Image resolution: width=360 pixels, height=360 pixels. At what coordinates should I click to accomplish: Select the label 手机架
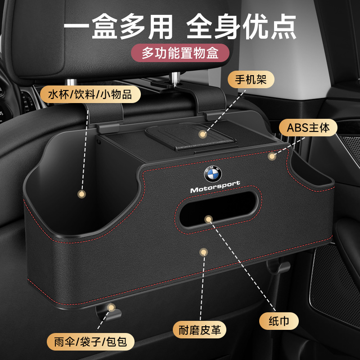[x=245, y=81]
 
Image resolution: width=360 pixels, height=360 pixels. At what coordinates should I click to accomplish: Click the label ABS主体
[x=308, y=127]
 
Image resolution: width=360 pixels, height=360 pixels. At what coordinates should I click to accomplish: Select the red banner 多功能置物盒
[x=180, y=54]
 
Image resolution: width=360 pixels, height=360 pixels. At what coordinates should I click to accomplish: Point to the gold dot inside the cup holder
[x=81, y=194]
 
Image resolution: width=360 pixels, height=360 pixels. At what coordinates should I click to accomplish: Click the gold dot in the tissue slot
[x=208, y=219]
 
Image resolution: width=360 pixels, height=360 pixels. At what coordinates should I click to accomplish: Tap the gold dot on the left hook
[x=110, y=307]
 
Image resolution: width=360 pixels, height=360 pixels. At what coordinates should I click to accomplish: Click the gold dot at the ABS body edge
[x=271, y=156]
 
